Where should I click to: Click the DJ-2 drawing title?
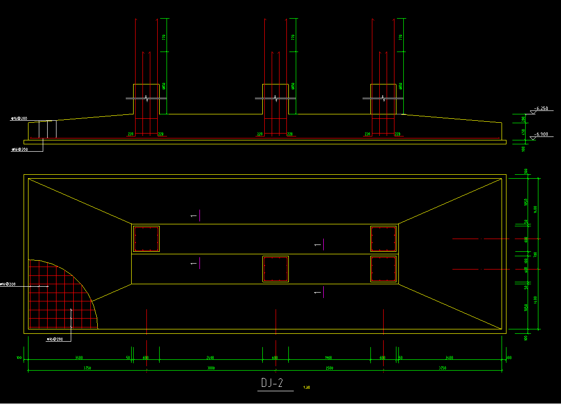pyautogui.click(x=272, y=383)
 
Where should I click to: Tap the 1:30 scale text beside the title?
pyautogui.click(x=307, y=387)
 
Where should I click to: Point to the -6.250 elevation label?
pyautogui.click(x=542, y=108)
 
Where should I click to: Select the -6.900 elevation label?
pyautogui.click(x=542, y=134)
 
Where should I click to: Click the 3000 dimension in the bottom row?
pyautogui.click(x=211, y=368)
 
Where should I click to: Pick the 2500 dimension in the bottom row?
pyautogui.click(x=329, y=368)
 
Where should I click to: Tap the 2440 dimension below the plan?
pyautogui.click(x=210, y=358)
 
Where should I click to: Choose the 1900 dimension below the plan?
pyautogui.click(x=329, y=358)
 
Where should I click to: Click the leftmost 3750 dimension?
pyautogui.click(x=87, y=368)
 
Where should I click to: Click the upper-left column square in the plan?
pyautogui.click(x=146, y=239)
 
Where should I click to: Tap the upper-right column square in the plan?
pyautogui.click(x=383, y=239)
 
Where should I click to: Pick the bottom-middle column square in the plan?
pyautogui.click(x=276, y=269)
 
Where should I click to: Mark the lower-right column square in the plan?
pyautogui.click(x=383, y=269)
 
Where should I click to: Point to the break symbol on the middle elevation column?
pyautogui.click(x=276, y=99)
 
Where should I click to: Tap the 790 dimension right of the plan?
pyautogui.click(x=535, y=254)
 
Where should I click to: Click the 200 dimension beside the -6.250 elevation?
pyautogui.click(x=524, y=119)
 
